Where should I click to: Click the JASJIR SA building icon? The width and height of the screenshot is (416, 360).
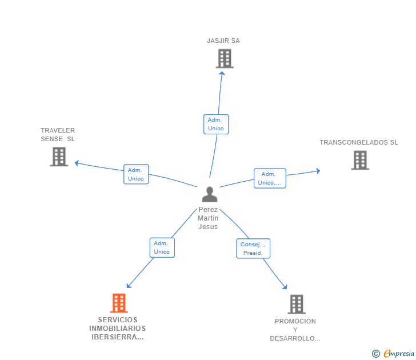click(225, 58)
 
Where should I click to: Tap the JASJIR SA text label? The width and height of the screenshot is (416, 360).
click(223, 41)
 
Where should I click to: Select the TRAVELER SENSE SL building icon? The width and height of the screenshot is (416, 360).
click(59, 157)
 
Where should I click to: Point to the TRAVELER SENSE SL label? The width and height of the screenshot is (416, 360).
click(58, 135)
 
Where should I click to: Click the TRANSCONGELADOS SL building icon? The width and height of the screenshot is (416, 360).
click(360, 161)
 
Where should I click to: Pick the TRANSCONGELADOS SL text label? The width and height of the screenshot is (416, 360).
click(359, 142)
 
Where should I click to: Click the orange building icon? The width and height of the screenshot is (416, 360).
click(118, 303)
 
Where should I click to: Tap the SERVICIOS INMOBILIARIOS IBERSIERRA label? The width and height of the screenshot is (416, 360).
click(118, 329)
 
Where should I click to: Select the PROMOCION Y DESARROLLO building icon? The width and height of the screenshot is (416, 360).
click(296, 304)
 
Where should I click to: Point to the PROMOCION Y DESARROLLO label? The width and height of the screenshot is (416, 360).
click(295, 330)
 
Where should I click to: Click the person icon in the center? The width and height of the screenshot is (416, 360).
click(209, 194)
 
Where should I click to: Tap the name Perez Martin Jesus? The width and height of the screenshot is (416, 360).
click(208, 218)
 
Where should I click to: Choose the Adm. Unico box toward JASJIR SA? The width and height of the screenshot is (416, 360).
click(216, 124)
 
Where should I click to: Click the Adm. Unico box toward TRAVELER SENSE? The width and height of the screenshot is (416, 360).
click(136, 174)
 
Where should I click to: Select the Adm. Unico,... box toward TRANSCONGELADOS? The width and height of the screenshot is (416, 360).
click(270, 178)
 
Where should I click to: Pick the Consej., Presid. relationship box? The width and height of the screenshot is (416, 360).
click(253, 249)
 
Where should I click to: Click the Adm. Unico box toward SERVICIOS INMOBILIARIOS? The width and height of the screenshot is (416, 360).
click(162, 247)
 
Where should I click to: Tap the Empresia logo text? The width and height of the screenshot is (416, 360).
click(399, 354)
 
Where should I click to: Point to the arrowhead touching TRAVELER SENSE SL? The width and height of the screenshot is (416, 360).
click(77, 163)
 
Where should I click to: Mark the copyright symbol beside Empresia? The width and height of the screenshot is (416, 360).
click(376, 354)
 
